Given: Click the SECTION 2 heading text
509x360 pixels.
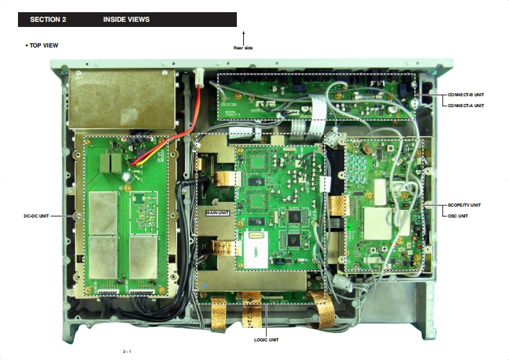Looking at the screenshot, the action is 48,20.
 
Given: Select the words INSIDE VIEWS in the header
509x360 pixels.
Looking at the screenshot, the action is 126,20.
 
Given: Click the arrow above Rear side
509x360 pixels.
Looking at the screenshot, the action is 243,37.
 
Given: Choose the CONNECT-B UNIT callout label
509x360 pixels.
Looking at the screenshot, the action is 466,95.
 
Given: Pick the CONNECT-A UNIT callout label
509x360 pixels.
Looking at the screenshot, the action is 466,105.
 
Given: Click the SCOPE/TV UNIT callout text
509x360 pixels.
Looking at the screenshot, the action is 463,205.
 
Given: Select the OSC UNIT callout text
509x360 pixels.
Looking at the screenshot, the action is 458,216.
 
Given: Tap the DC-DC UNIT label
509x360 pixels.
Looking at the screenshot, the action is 36,216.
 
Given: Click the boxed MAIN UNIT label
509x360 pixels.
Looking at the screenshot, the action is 218,212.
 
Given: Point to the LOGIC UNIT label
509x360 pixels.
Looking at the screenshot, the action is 266,339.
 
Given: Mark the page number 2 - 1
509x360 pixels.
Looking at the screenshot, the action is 127,352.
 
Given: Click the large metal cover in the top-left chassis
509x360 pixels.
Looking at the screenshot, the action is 121,99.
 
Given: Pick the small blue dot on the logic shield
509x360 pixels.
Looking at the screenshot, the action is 205,284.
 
